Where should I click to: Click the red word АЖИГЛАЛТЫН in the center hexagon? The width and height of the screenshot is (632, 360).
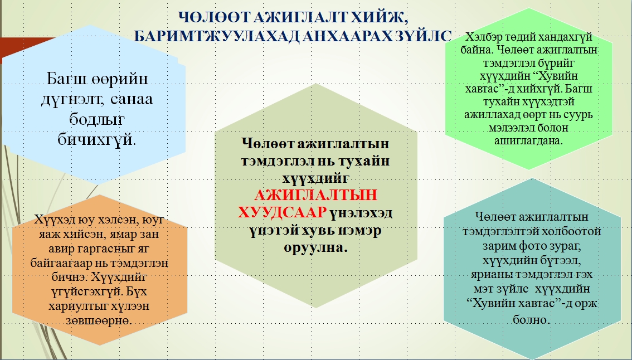pyautogui.click(x=315, y=195)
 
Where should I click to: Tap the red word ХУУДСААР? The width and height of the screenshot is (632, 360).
pyautogui.click(x=282, y=212)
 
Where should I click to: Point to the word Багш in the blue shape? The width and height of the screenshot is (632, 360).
pyautogui.click(x=67, y=78)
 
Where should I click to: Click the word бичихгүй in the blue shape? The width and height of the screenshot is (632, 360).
pyautogui.click(x=96, y=139)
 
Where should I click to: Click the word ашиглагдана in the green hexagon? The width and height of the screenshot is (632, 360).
pyautogui.click(x=528, y=140)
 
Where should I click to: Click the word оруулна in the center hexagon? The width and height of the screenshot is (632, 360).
pyautogui.click(x=315, y=247)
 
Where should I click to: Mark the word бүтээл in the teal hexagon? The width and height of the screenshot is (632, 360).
pyautogui.click(x=562, y=260)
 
